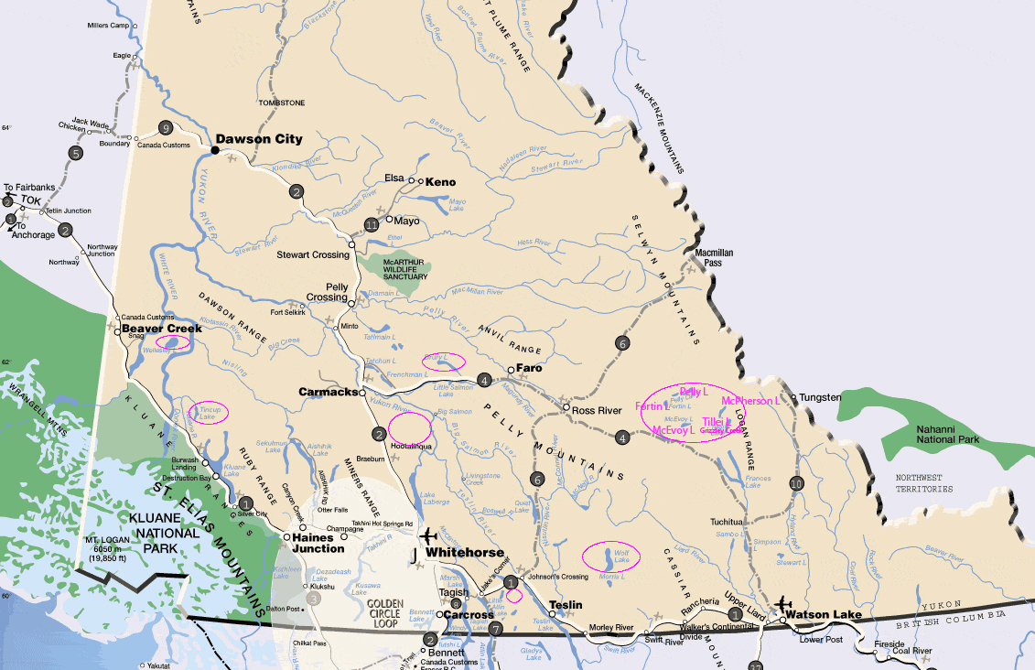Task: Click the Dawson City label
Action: click(258, 139)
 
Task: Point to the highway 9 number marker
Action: click(166, 127)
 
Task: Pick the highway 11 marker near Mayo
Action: click(372, 224)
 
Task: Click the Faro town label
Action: click(529, 367)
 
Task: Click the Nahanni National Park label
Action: click(947, 434)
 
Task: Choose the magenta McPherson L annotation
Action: click(749, 401)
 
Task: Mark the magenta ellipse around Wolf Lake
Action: click(611, 556)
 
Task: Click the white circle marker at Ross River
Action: click(566, 407)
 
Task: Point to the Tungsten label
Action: click(820, 397)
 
